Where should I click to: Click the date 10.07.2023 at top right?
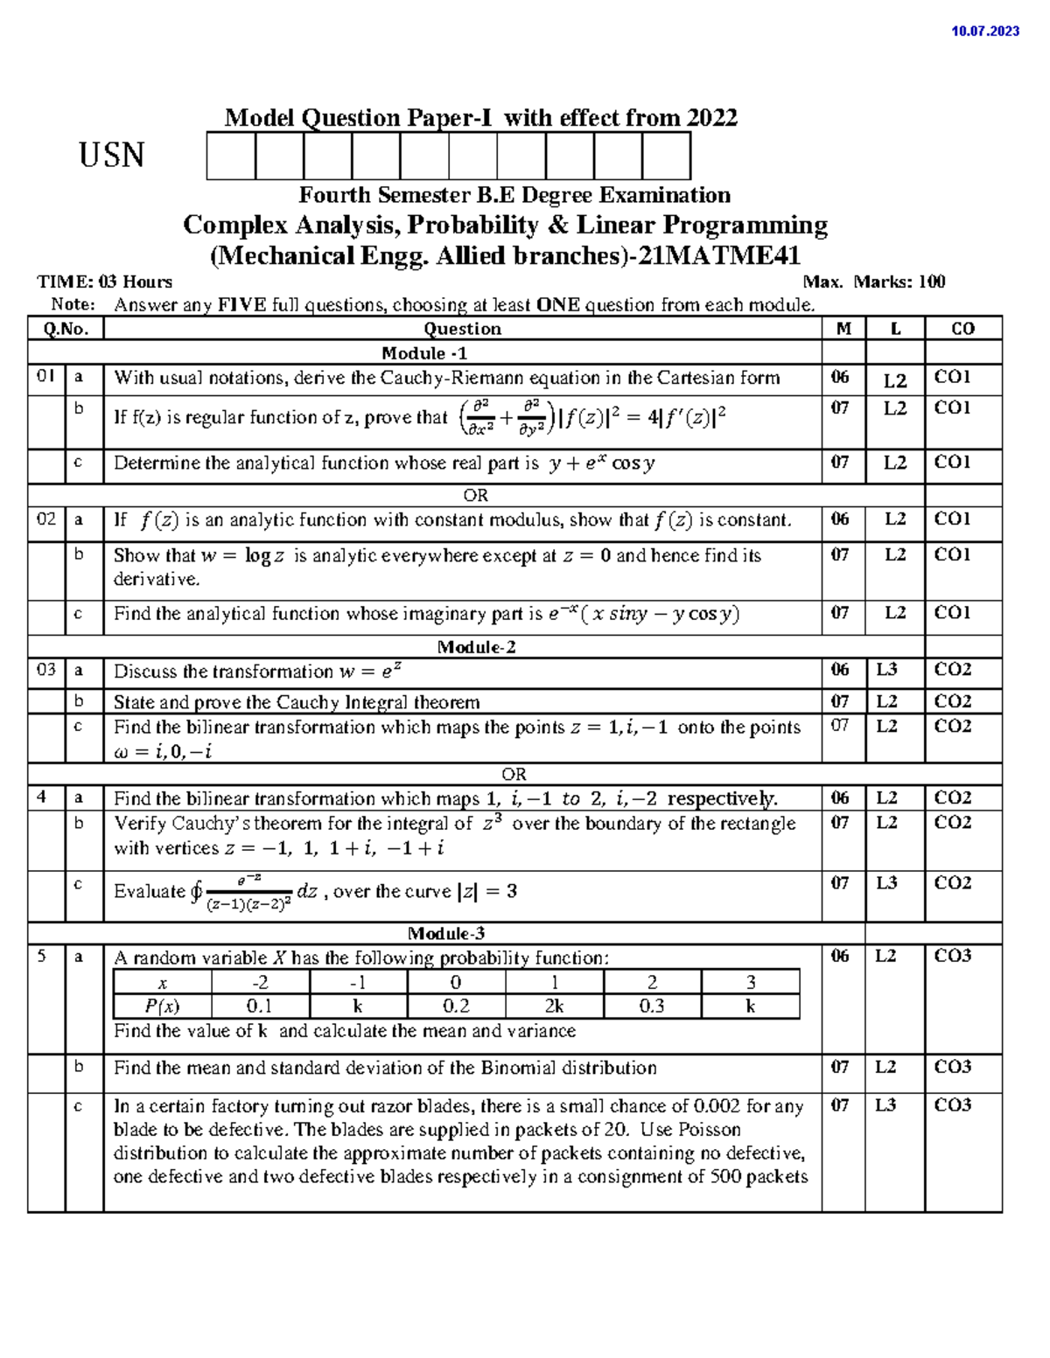(985, 31)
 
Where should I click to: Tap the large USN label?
(111, 156)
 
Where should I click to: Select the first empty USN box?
(231, 156)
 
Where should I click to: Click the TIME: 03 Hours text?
(105, 282)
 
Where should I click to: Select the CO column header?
(962, 329)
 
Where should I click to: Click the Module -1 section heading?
(424, 353)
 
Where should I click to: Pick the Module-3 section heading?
(445, 933)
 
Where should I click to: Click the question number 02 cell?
(46, 519)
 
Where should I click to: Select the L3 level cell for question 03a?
(886, 670)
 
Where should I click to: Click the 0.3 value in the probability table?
(651, 1006)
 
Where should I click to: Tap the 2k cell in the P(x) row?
(553, 1006)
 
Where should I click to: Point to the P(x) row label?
(163, 1006)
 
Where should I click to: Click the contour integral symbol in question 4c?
(196, 892)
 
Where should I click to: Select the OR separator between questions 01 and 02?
(475, 496)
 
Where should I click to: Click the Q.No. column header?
(66, 329)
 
